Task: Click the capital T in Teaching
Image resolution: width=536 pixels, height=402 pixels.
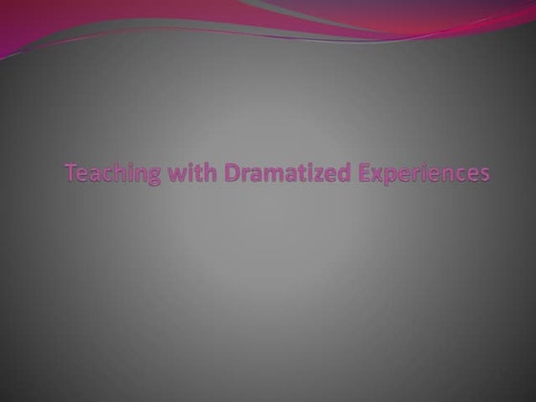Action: pos(71,173)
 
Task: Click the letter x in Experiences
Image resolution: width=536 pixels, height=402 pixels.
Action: pos(349,175)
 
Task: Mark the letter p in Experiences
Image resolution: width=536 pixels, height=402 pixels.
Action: pos(365,177)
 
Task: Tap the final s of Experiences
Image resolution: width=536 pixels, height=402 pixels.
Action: pos(482,175)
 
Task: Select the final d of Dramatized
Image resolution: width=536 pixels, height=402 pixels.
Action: pos(317,173)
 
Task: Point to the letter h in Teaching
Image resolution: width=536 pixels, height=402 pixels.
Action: pos(112,173)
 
